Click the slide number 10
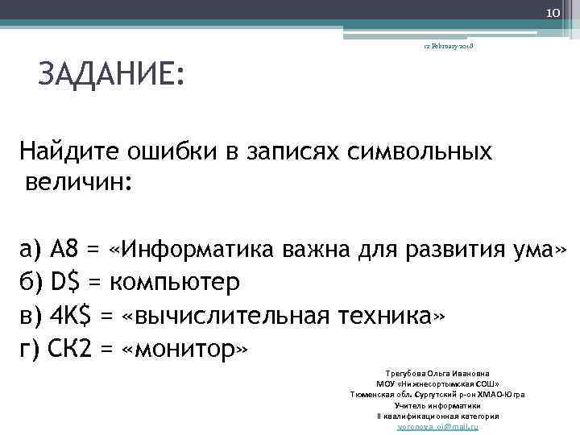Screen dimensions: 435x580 pos(554,12)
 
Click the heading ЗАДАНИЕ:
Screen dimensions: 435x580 pos(111,77)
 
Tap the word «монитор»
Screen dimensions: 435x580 pos(184,350)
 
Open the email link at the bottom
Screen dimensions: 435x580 pos(437,426)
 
